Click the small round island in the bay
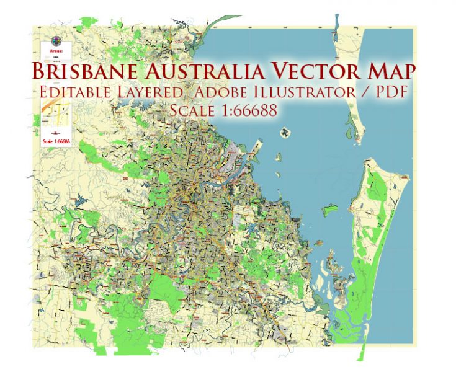point(286,131)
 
